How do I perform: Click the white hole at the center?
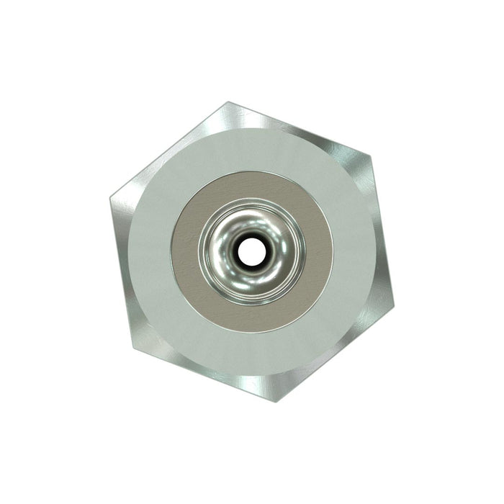[251, 251]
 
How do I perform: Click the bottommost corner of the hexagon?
[274, 402]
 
